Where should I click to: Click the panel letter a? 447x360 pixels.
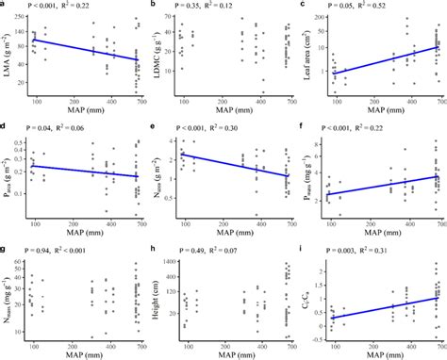(5, 6)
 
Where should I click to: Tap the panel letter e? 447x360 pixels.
(155, 124)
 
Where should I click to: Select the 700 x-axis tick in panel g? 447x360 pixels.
(139, 340)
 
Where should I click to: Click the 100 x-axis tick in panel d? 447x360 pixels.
(36, 220)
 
